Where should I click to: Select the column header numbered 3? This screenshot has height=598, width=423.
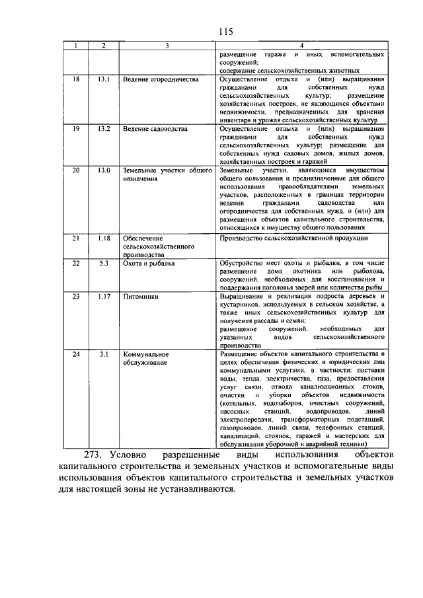pyautogui.click(x=167, y=45)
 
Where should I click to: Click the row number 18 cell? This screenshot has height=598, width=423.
pyautogui.click(x=76, y=79)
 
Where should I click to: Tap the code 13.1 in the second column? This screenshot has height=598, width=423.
pyautogui.click(x=103, y=79)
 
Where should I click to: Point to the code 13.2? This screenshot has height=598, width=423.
pyautogui.click(x=103, y=128)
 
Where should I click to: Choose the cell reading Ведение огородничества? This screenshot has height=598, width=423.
pyautogui.click(x=161, y=79)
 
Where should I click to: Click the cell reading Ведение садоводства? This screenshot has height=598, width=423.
pyautogui.click(x=156, y=128)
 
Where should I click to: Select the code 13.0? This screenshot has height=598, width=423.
pyautogui.click(x=103, y=170)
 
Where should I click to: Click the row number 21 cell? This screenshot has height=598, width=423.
pyautogui.click(x=76, y=237)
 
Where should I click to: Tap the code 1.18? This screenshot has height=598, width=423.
pyautogui.click(x=103, y=237)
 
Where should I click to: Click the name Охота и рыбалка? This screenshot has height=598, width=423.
pyautogui.click(x=149, y=263)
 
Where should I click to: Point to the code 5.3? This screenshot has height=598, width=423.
pyautogui.click(x=103, y=263)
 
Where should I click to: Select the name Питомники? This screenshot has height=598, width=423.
pyautogui.click(x=141, y=297)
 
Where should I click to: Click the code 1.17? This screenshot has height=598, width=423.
pyautogui.click(x=103, y=297)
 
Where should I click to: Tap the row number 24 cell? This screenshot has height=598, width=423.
pyautogui.click(x=76, y=355)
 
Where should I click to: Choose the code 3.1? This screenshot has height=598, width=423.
pyautogui.click(x=103, y=355)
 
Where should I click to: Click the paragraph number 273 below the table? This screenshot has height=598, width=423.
pyautogui.click(x=94, y=455)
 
